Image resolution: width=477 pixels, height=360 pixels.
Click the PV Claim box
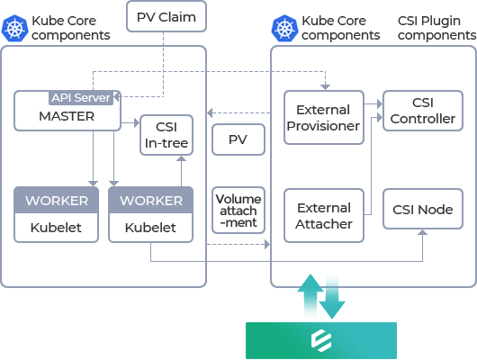[x=166, y=16]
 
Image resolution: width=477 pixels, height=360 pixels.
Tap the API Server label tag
[x=81, y=98]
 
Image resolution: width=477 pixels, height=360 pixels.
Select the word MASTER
[x=67, y=116]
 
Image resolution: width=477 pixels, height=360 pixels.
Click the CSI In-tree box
[x=166, y=135]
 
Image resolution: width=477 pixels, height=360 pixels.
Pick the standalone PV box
[x=238, y=139]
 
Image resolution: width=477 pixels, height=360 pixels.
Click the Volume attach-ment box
[x=238, y=211]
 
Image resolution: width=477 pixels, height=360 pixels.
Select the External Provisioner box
[x=324, y=118]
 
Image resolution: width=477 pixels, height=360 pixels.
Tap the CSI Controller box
[x=423, y=111]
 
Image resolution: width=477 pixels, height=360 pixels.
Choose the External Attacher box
[x=324, y=216]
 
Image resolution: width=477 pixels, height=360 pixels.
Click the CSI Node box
[x=423, y=209]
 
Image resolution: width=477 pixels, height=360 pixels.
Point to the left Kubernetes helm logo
[x=14, y=28]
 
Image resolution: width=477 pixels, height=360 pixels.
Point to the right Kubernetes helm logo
[x=284, y=28]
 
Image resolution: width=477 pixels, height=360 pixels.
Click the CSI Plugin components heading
[x=436, y=28]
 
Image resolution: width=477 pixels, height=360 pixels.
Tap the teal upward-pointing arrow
[x=310, y=295]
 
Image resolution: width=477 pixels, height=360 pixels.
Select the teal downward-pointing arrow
[x=332, y=297]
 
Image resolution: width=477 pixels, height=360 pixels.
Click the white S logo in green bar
[x=321, y=340]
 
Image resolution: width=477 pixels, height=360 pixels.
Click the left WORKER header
[x=57, y=200]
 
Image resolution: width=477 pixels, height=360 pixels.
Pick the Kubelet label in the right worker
[x=150, y=228]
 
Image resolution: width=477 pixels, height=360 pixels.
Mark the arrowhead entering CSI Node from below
[x=422, y=232]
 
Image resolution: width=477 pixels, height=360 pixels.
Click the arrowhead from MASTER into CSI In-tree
[x=137, y=123]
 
